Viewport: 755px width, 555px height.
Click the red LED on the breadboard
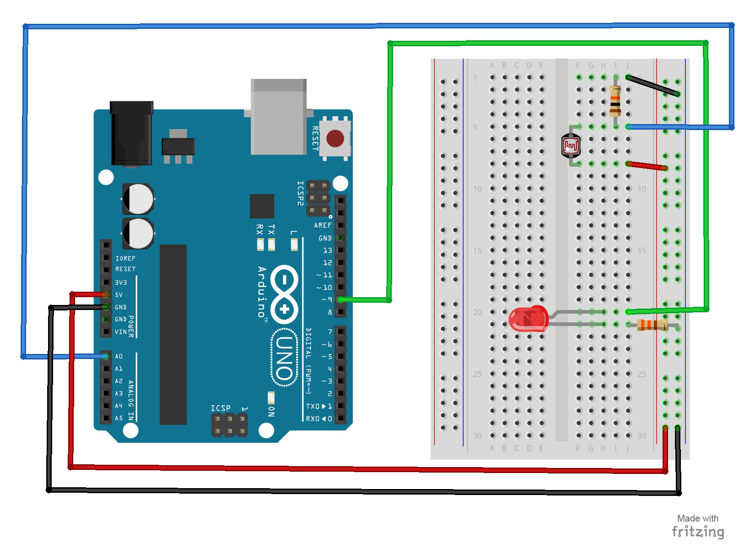(x=528, y=318)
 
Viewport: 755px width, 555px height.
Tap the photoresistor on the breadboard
(x=571, y=146)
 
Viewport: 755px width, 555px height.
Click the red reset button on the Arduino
(x=335, y=138)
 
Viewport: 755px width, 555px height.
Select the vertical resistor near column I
(x=615, y=102)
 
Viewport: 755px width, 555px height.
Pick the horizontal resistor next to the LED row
(x=653, y=325)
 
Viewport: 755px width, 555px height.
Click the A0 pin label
(x=119, y=356)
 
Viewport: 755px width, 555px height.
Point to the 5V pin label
(x=119, y=295)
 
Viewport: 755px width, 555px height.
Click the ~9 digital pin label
(x=327, y=299)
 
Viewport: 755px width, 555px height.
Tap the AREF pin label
(x=323, y=225)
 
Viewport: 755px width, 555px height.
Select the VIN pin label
(x=120, y=332)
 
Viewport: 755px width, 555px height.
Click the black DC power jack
(x=131, y=134)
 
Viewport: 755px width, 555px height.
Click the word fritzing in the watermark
(x=698, y=532)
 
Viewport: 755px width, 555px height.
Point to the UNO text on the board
(x=284, y=359)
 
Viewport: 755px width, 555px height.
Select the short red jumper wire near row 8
(x=647, y=166)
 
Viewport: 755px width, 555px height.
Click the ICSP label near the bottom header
(x=220, y=408)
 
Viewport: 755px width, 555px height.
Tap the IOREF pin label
(x=125, y=258)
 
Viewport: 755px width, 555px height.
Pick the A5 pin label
(x=119, y=418)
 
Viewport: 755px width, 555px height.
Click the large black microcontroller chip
(x=173, y=334)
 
